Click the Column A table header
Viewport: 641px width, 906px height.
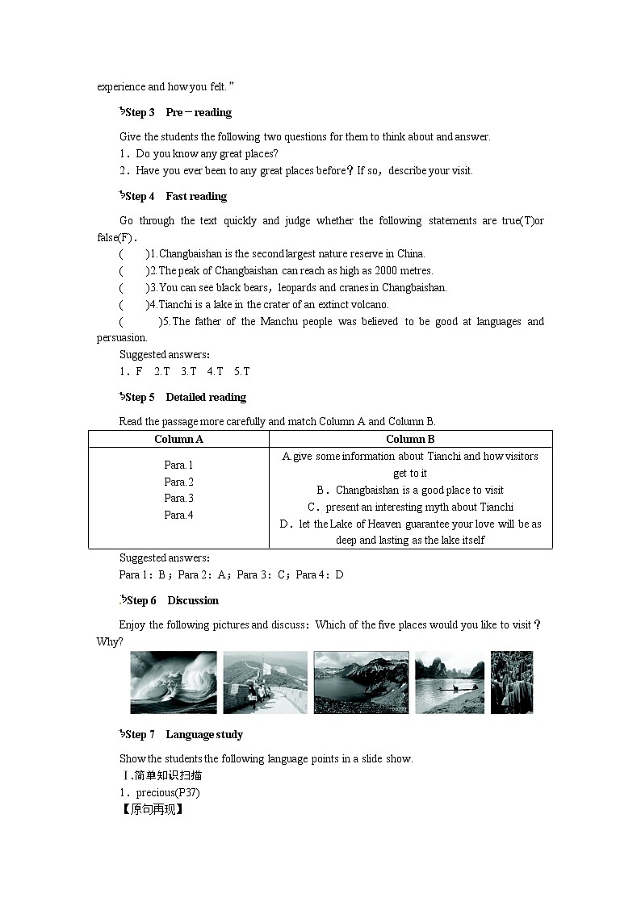[x=178, y=439]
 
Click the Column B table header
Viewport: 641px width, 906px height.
[x=410, y=439]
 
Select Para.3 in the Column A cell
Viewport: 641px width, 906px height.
[x=178, y=499]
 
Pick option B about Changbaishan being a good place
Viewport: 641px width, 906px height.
[x=410, y=490]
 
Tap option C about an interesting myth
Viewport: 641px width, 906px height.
[x=410, y=507]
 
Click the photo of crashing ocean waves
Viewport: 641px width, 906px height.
[x=174, y=683]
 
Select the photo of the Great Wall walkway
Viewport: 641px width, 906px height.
[x=265, y=683]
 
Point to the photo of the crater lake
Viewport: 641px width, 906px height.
[x=361, y=683]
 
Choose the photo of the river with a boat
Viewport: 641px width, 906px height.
[x=450, y=683]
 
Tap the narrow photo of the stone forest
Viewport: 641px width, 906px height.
[x=512, y=683]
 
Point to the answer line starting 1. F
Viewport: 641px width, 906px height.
[x=185, y=371]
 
